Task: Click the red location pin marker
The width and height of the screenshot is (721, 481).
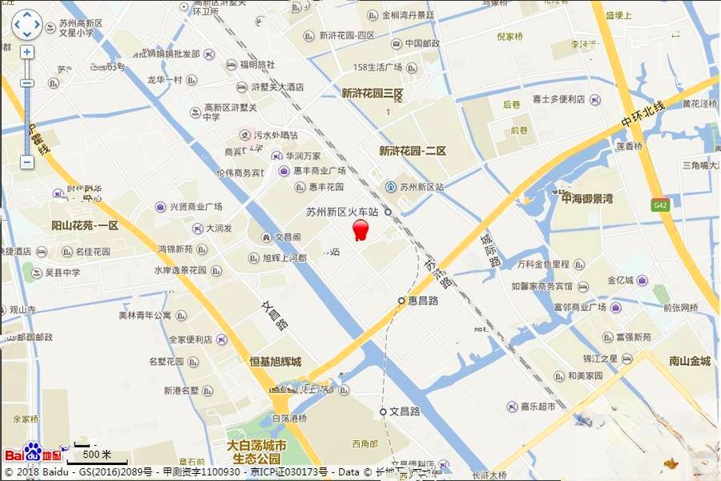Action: [x=361, y=230]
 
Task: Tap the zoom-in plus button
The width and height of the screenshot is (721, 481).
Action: [x=26, y=52]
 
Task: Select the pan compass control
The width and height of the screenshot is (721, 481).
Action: [x=26, y=25]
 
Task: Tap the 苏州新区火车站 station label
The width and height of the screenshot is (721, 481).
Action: [x=342, y=212]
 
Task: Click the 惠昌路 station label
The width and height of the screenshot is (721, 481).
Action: [x=422, y=301]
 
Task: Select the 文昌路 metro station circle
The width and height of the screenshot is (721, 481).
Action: [x=384, y=411]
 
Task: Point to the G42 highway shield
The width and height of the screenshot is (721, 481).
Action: [x=659, y=204]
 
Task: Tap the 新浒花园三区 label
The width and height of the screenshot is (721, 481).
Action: [x=372, y=94]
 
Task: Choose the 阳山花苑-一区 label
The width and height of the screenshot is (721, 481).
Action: [x=84, y=226]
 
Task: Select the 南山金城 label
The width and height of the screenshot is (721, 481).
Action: [x=689, y=361]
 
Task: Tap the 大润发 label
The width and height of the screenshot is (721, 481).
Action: [x=218, y=228]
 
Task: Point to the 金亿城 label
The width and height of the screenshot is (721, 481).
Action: [x=620, y=281]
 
